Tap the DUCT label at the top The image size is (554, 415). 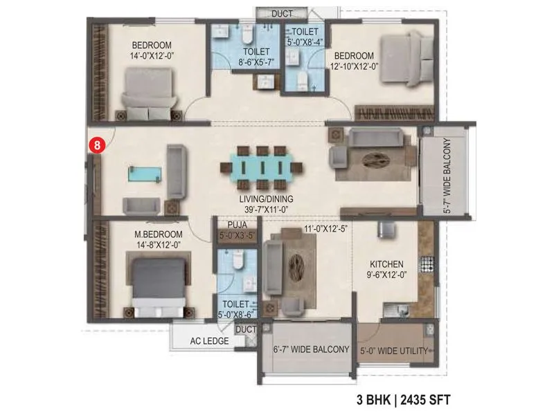click(x=281, y=13)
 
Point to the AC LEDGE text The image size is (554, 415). click(x=210, y=342)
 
